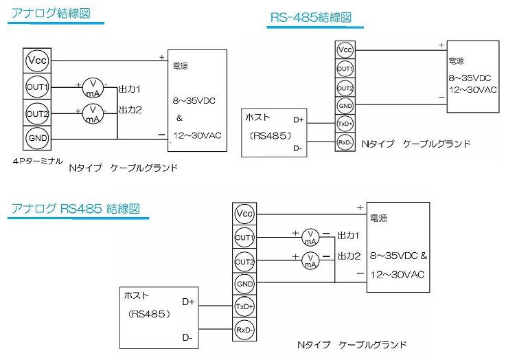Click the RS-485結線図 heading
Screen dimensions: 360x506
click(315, 19)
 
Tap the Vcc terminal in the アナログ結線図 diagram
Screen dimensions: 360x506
click(36, 61)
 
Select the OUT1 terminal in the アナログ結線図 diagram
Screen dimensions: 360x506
click(36, 87)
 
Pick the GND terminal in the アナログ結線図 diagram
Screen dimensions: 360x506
click(36, 138)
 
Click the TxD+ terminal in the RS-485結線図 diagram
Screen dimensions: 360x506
click(345, 124)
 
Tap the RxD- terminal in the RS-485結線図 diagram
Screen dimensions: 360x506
click(345, 142)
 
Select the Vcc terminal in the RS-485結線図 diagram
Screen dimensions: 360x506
click(345, 50)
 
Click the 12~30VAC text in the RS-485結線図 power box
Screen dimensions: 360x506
click(474, 89)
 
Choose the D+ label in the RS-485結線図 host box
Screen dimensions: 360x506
click(299, 120)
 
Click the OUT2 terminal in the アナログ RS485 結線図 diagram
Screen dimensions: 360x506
click(244, 261)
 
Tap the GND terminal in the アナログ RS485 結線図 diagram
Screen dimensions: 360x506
click(244, 284)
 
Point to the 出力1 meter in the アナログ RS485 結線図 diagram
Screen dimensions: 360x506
click(311, 237)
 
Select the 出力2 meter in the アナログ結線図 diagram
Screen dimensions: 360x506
click(92, 113)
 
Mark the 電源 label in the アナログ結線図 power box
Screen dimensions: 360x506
click(181, 66)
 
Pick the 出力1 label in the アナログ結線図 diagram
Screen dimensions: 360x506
click(130, 89)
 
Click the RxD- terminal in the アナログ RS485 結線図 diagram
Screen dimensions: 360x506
click(244, 330)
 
